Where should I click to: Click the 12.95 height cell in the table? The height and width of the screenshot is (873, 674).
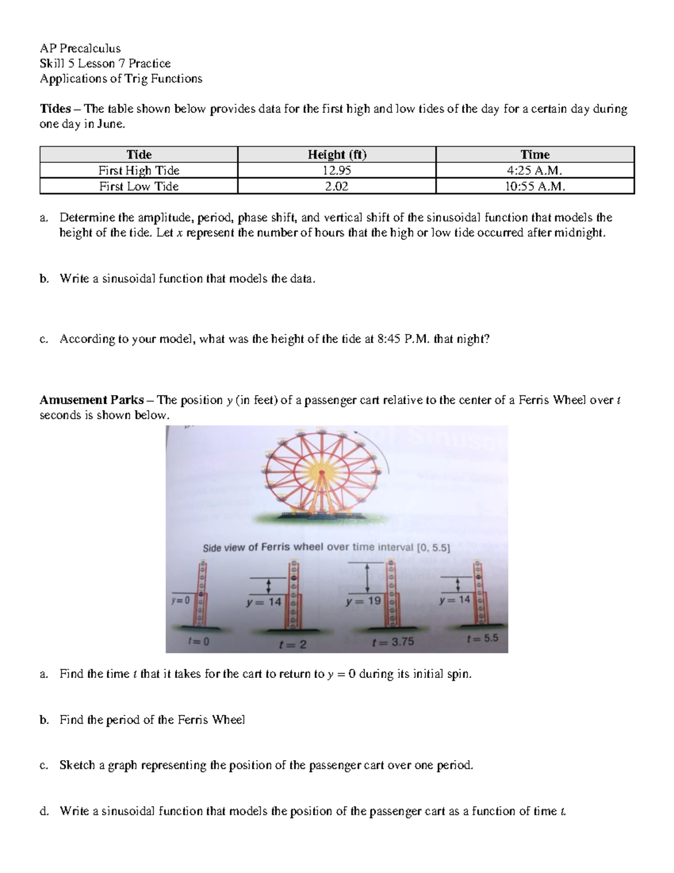coord(336,170)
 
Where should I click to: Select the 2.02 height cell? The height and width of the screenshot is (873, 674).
coord(336,187)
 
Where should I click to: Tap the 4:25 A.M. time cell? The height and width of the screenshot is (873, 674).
coord(535,170)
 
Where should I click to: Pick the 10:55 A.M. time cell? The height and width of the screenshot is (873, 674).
coord(535,187)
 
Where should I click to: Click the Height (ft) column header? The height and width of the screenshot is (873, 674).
coord(336,155)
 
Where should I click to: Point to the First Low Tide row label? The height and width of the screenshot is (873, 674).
coord(139,187)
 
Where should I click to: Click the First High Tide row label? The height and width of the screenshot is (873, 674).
coord(139,170)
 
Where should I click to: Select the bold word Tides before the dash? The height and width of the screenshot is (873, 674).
coord(55,109)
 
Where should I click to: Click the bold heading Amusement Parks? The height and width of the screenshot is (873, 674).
coord(92,400)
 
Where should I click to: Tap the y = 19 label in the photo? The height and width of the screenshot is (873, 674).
coord(364,601)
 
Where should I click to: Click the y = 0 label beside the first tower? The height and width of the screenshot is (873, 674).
coord(181,600)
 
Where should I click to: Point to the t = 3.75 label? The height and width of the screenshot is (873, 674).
coord(393,641)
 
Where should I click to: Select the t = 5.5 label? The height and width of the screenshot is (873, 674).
coord(482,639)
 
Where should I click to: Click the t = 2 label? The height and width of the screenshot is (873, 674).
coord(293,644)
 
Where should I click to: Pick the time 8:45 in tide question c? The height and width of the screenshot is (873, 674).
coord(387,339)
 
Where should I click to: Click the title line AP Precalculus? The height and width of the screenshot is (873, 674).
coord(80,48)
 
